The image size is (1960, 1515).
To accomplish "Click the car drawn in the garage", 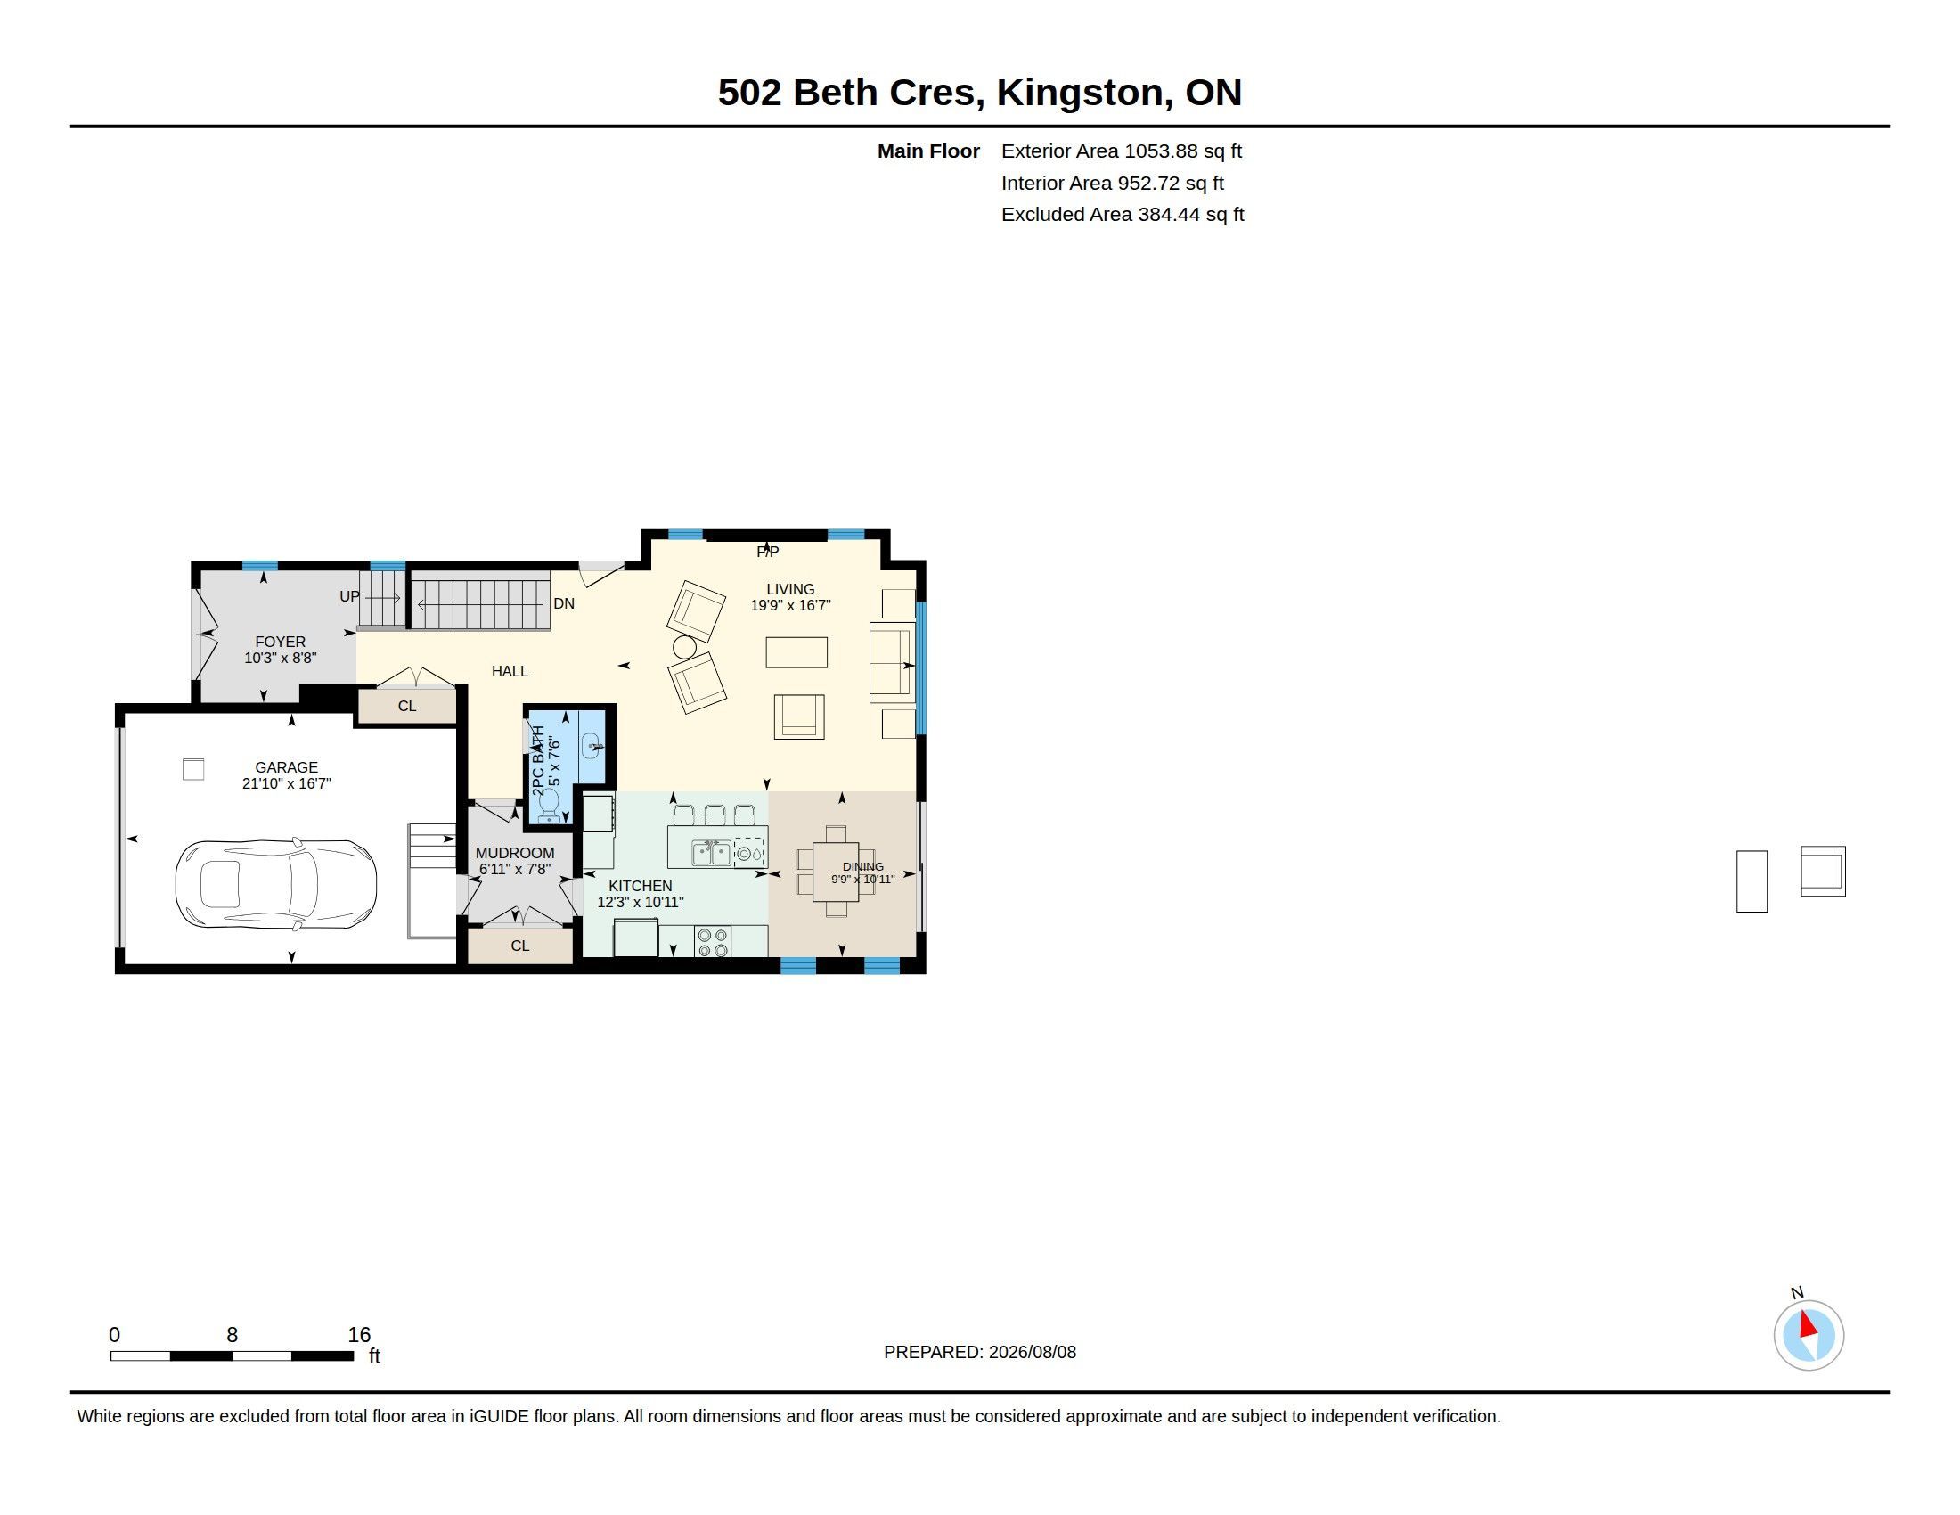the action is click(275, 885).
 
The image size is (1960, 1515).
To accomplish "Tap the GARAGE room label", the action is click(286, 767).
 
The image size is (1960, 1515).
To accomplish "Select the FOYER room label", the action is click(280, 642).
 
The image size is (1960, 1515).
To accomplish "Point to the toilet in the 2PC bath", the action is click(549, 806).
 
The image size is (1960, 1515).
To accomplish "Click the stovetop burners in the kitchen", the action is click(713, 942).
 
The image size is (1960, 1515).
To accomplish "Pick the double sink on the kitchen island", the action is click(712, 853).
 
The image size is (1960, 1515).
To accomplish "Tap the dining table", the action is click(836, 872).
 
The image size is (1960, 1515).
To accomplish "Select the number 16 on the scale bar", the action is click(359, 1335).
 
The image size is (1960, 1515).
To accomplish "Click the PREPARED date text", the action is click(980, 1352).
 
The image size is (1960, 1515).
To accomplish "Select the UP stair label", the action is click(349, 596).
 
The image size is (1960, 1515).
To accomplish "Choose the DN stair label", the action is click(564, 603).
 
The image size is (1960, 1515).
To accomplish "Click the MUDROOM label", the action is click(515, 853).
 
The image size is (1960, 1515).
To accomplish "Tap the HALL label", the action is click(510, 670).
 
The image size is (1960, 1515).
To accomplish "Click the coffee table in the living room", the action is click(796, 652).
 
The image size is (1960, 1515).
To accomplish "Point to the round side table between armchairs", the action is click(685, 646).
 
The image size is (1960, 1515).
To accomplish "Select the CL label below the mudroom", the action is click(520, 945).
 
